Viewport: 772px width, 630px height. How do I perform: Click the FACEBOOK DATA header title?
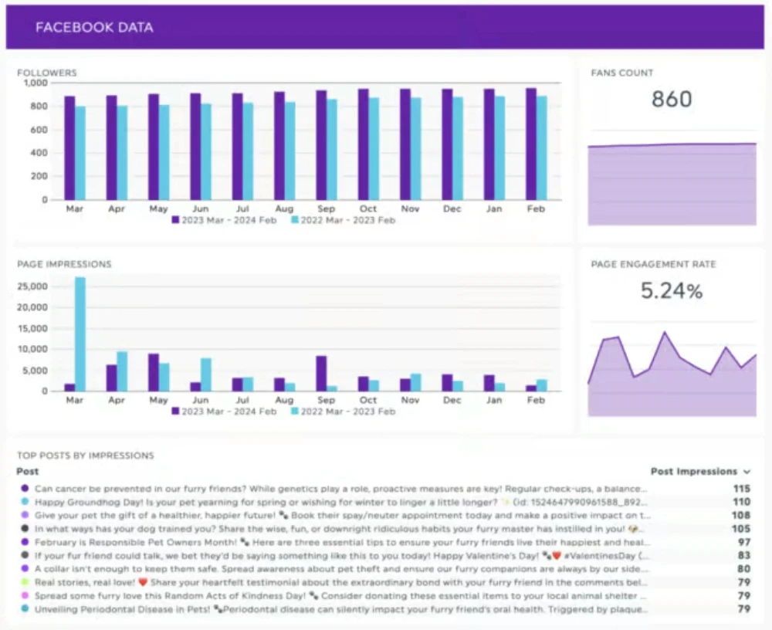[94, 28]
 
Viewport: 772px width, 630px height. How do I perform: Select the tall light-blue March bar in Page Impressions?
[80, 334]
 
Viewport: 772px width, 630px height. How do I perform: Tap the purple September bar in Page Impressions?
[321, 373]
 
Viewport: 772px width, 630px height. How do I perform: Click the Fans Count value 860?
[672, 100]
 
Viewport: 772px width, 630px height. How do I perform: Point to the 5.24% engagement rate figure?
[672, 291]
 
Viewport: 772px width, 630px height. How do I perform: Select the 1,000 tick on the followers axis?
[36, 83]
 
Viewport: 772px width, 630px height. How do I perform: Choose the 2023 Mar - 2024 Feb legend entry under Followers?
[223, 220]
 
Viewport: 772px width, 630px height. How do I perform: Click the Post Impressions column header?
[694, 471]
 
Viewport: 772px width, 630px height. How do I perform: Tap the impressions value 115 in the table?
[742, 489]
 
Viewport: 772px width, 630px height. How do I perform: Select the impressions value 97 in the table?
[743, 543]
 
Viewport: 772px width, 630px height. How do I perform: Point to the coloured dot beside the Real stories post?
[25, 583]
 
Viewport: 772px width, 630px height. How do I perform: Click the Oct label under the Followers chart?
[368, 209]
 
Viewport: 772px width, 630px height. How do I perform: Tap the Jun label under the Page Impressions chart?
[200, 401]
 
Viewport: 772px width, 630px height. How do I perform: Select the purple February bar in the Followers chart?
[531, 144]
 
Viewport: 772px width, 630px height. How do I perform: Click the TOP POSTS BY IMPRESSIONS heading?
[85, 456]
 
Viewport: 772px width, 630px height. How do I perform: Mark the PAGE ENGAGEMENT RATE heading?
[653, 264]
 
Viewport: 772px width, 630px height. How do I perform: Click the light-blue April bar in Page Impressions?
[122, 371]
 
